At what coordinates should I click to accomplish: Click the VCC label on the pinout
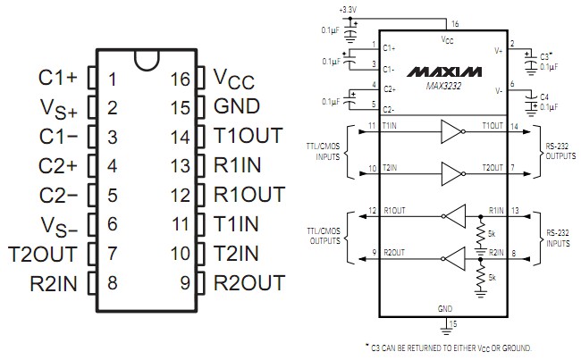[x=234, y=79]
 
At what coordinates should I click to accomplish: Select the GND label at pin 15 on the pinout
[x=236, y=107]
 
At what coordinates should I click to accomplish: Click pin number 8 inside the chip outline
[x=112, y=284]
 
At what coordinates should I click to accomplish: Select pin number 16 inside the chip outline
[x=181, y=79]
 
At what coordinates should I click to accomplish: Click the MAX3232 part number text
[x=444, y=84]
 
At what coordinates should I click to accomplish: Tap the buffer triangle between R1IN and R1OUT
[x=455, y=215]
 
